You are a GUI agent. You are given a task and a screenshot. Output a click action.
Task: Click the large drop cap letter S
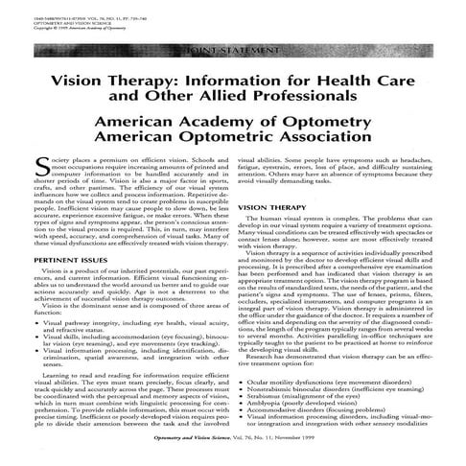click(x=41, y=168)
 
